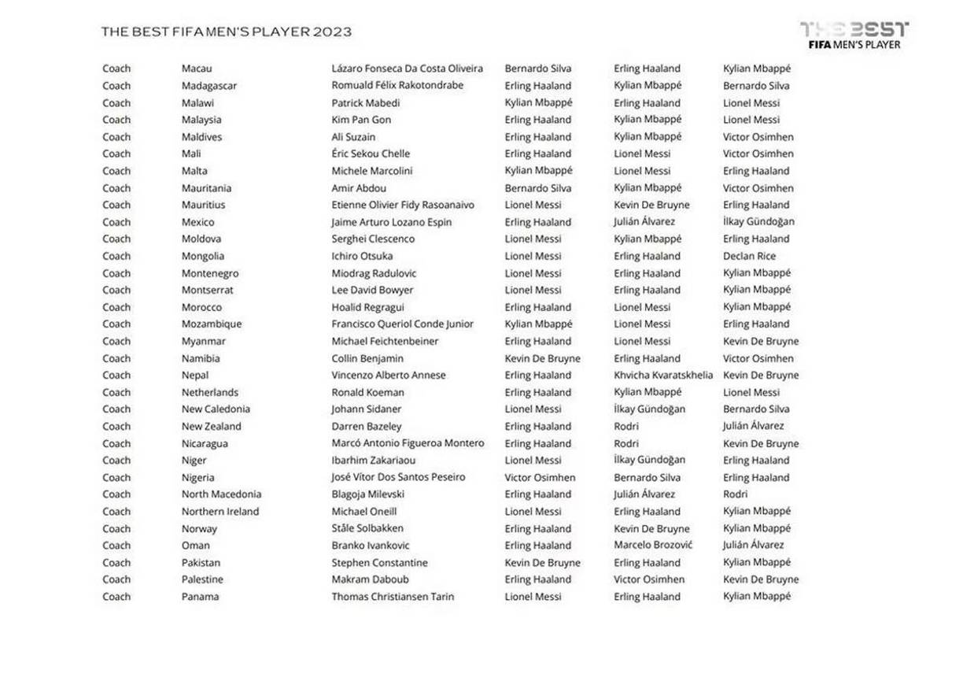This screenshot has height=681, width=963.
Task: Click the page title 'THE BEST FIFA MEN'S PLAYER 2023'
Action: coord(227,32)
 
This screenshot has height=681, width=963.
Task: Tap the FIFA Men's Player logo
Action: coord(854,35)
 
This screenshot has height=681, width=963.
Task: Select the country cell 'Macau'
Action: coord(197,68)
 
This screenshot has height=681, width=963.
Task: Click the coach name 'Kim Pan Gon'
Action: coord(361,120)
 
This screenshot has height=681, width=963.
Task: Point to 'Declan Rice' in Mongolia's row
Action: coord(749,256)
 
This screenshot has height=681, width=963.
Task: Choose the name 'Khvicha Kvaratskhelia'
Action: coord(663,376)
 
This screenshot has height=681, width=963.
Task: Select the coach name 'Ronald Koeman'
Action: coord(367,392)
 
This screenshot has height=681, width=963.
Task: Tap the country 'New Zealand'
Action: coord(212,427)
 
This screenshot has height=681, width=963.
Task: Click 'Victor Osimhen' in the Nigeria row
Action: coord(540,478)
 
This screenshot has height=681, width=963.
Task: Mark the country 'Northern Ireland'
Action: coord(220,512)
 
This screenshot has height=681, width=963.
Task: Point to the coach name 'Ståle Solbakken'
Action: coord(367,528)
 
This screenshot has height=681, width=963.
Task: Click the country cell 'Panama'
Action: coord(201,597)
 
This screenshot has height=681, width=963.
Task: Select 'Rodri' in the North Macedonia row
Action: coord(736,494)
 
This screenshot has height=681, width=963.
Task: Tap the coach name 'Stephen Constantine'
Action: coord(379,563)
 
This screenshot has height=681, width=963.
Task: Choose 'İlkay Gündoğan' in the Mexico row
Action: coord(758,222)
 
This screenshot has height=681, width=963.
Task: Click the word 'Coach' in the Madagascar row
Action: coord(116,86)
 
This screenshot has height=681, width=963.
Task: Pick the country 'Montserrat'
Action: coord(208,290)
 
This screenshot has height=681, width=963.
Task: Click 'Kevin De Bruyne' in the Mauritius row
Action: coord(651,205)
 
